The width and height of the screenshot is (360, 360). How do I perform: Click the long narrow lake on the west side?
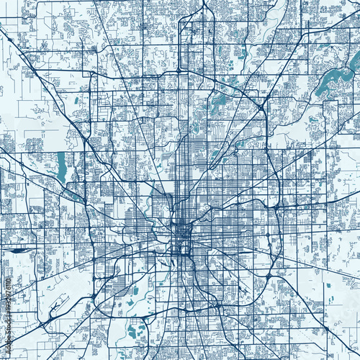(60, 167)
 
